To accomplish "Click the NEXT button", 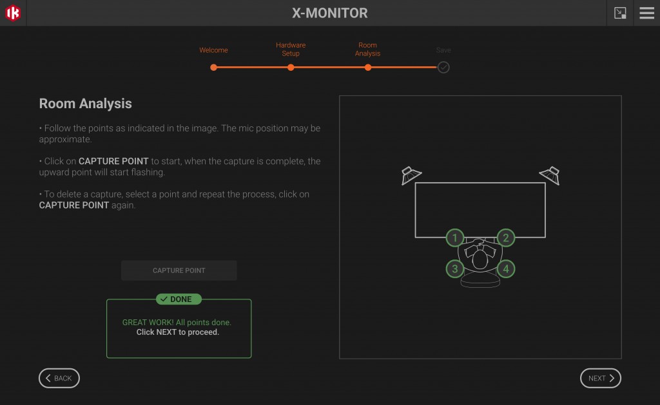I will point(600,379).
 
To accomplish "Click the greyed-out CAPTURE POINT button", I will point(179,270).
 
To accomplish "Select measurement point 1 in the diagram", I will point(455,238).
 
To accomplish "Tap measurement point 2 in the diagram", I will point(505,238).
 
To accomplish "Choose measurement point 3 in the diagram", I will point(455,268).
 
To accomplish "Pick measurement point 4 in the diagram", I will point(505,268).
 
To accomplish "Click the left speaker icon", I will point(411,175).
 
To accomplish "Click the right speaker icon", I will point(550,175).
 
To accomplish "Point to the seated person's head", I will point(480,259).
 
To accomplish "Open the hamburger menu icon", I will point(646,13).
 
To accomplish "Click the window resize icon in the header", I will point(620,13).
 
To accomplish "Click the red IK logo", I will point(13,13).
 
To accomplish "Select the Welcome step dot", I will point(213,67).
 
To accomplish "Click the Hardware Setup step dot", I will point(291,67).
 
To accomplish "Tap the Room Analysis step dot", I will point(368,67).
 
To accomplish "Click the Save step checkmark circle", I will point(443,67).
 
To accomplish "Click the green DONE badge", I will point(179,299).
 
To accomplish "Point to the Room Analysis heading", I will point(85,104).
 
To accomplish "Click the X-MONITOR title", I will point(330,13).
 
